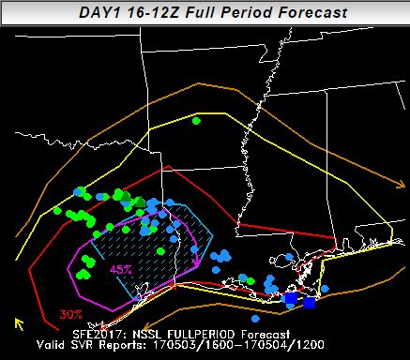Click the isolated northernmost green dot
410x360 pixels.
pos(196,121)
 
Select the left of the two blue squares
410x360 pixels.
pos(290,298)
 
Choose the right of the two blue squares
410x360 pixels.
pos(310,302)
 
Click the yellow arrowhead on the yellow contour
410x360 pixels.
pos(18,323)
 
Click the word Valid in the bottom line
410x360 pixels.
pos(51,344)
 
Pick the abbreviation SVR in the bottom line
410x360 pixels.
pos(87,344)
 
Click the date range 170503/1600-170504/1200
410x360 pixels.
pos(235,344)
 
